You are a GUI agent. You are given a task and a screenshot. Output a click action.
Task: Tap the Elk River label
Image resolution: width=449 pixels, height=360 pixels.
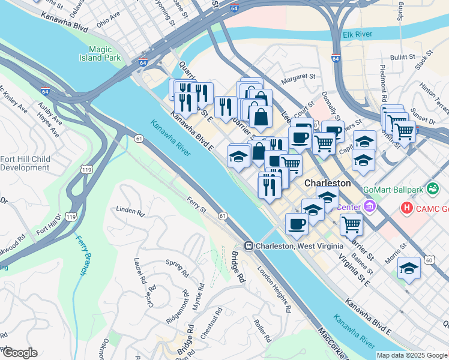pyautogui.click(x=358, y=35)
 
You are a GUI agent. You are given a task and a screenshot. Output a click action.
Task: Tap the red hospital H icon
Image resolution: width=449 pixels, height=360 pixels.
pyautogui.click(x=407, y=208)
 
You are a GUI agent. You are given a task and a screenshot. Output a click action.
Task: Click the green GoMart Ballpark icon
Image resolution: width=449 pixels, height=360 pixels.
pyautogui.click(x=431, y=189)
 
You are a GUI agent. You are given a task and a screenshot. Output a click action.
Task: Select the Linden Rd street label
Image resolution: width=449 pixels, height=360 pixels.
pyautogui.click(x=131, y=212)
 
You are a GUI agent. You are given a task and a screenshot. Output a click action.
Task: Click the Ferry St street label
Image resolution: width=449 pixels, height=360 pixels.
pyautogui.click(x=196, y=205)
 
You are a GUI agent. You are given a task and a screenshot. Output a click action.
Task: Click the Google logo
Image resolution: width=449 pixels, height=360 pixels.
pyautogui.click(x=20, y=353)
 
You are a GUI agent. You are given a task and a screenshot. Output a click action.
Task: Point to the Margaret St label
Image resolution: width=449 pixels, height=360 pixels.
pyautogui.click(x=298, y=77)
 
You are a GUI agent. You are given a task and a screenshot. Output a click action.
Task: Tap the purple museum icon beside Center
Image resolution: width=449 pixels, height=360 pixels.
pyautogui.click(x=369, y=208)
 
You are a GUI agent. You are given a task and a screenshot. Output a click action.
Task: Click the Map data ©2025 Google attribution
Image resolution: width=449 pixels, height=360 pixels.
pyautogui.click(x=411, y=355)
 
